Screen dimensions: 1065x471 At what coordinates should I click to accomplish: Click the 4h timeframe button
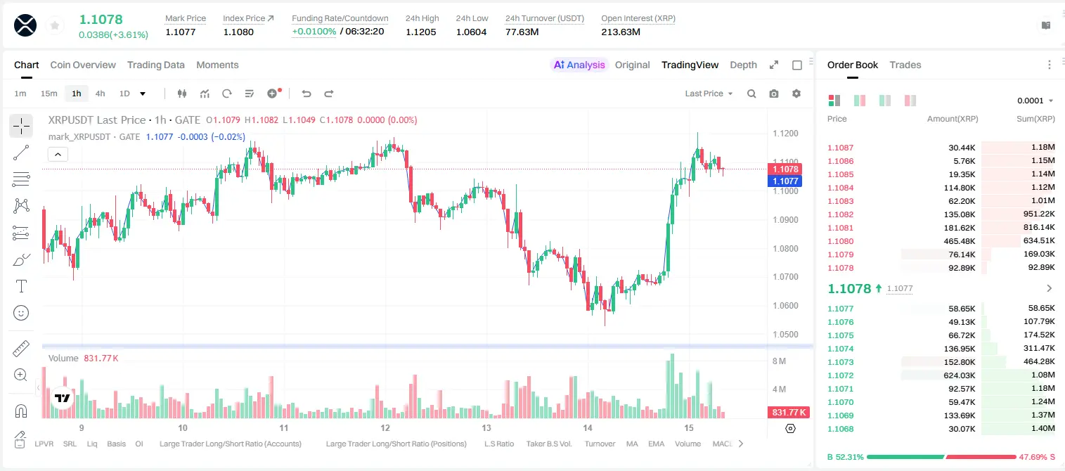click(100, 93)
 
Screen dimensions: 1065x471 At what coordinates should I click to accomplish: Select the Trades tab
click(905, 65)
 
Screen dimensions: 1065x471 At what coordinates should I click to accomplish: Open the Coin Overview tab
click(83, 65)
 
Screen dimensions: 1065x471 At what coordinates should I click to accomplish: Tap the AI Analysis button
click(579, 65)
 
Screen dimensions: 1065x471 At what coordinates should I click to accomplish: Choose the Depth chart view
click(743, 65)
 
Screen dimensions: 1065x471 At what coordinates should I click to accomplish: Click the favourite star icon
click(55, 25)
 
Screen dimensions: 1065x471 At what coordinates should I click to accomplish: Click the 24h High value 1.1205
click(421, 32)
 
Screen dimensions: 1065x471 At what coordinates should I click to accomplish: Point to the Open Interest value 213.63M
click(621, 32)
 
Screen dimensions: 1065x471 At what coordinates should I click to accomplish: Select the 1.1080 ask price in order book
click(840, 241)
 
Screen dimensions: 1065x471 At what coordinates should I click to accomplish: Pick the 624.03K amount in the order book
click(959, 375)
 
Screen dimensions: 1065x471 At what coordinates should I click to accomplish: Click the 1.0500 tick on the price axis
click(785, 334)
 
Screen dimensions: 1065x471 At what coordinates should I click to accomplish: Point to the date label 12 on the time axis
click(385, 427)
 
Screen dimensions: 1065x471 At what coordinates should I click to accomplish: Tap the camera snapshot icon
click(773, 93)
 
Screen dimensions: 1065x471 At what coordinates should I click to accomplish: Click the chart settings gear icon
click(796, 93)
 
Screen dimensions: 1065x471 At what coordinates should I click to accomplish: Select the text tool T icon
click(21, 286)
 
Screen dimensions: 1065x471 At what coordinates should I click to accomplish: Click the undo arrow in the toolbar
click(306, 93)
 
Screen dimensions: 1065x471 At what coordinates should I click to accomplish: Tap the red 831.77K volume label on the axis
click(789, 412)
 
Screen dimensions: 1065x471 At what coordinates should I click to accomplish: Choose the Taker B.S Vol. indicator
click(548, 444)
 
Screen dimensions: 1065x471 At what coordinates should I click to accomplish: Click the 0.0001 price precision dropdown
click(1035, 101)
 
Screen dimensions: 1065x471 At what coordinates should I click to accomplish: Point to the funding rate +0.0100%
click(314, 32)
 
